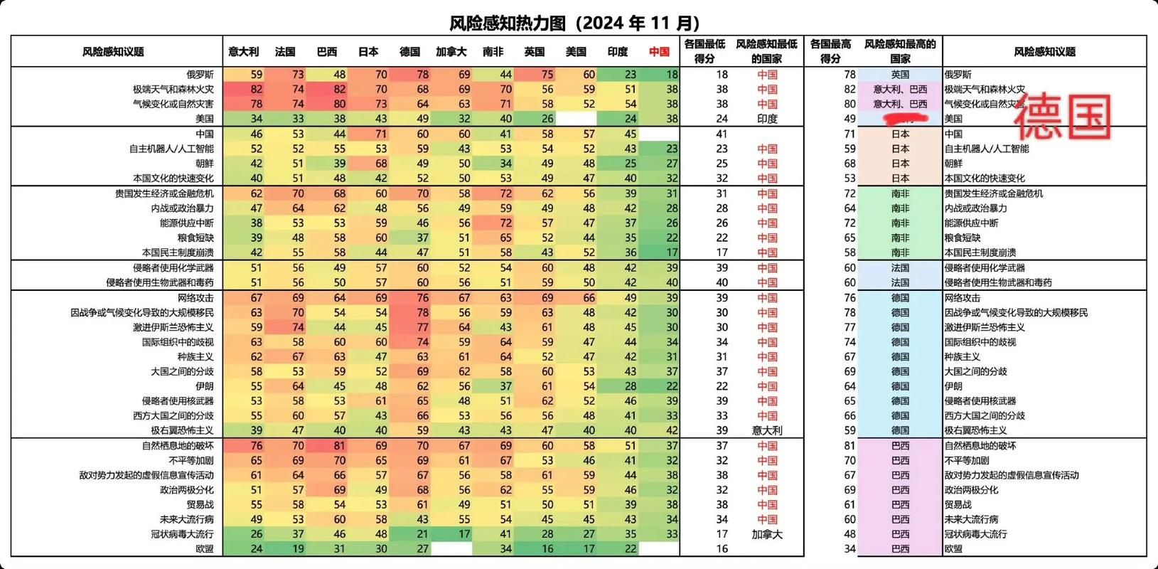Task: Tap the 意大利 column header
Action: point(243,52)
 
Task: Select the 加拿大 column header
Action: point(451,52)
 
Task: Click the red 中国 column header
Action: point(659,52)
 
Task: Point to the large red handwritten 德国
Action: point(1062,118)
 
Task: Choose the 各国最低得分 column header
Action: point(704,51)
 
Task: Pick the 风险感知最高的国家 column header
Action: point(900,51)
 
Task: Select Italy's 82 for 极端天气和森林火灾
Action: point(256,90)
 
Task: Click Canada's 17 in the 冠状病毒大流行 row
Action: point(463,534)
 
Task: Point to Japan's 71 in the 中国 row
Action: point(381,134)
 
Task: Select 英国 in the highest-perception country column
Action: point(900,75)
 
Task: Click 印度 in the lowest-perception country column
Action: point(767,119)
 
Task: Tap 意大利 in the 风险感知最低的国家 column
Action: point(767,430)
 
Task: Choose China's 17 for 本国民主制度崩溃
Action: point(672,252)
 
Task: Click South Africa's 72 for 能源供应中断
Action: point(505,223)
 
